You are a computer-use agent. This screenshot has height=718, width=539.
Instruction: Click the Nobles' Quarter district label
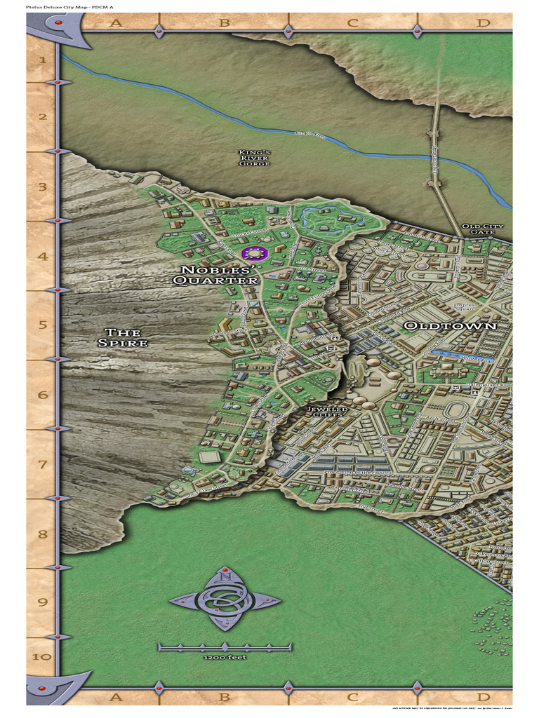click(216, 275)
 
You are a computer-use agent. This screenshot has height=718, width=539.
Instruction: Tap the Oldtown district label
click(450, 326)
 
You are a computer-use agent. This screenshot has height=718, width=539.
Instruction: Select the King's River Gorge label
click(254, 158)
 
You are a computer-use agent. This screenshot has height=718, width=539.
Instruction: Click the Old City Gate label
click(482, 229)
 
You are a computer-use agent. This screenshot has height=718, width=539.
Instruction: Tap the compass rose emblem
click(225, 600)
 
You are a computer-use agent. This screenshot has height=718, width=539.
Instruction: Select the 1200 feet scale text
click(225, 658)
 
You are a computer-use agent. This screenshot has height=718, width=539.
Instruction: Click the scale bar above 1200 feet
click(225, 646)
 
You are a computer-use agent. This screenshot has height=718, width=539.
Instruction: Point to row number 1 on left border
click(42, 60)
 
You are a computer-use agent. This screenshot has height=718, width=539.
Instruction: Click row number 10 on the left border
click(42, 657)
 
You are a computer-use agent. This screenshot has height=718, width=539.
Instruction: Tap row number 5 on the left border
click(42, 325)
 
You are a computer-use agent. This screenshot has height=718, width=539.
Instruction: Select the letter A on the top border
click(116, 23)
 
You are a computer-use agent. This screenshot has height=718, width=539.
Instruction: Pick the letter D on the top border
click(483, 23)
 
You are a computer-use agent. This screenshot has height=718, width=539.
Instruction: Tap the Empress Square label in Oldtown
click(465, 308)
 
